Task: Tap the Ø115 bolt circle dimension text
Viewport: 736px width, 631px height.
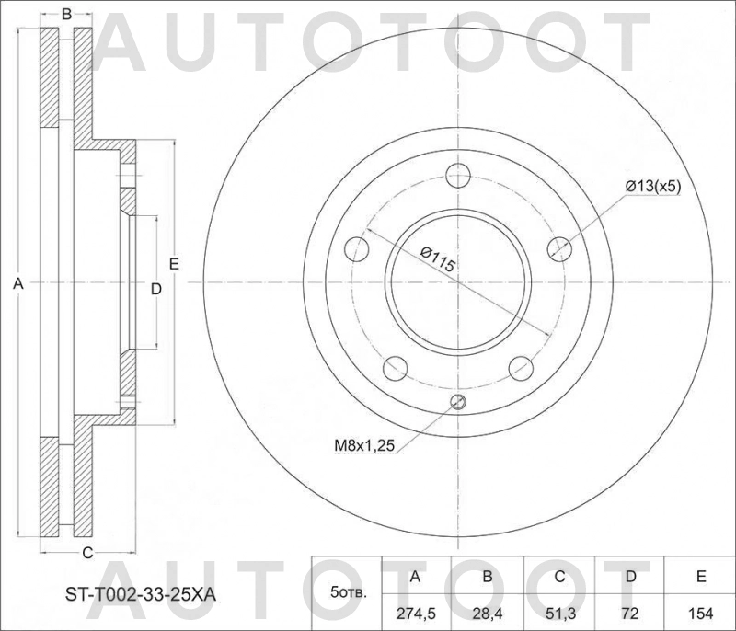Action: [439, 258]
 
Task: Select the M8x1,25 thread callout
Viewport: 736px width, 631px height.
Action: [363, 446]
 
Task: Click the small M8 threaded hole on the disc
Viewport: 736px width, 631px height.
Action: [458, 402]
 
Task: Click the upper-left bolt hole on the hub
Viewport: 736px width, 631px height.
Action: [356, 248]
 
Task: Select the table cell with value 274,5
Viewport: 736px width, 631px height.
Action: [415, 611]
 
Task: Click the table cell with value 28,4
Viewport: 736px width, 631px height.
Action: [488, 611]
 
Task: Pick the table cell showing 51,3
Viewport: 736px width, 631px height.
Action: [559, 611]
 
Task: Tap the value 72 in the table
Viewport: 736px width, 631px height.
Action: [631, 611]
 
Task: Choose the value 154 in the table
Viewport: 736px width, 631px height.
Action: [701, 611]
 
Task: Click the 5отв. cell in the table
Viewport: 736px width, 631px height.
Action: [347, 593]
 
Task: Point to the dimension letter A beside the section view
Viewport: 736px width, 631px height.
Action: [17, 285]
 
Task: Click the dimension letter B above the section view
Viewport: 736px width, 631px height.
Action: [66, 14]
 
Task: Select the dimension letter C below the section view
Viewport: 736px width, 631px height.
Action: [88, 553]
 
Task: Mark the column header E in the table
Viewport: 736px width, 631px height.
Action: [701, 577]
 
